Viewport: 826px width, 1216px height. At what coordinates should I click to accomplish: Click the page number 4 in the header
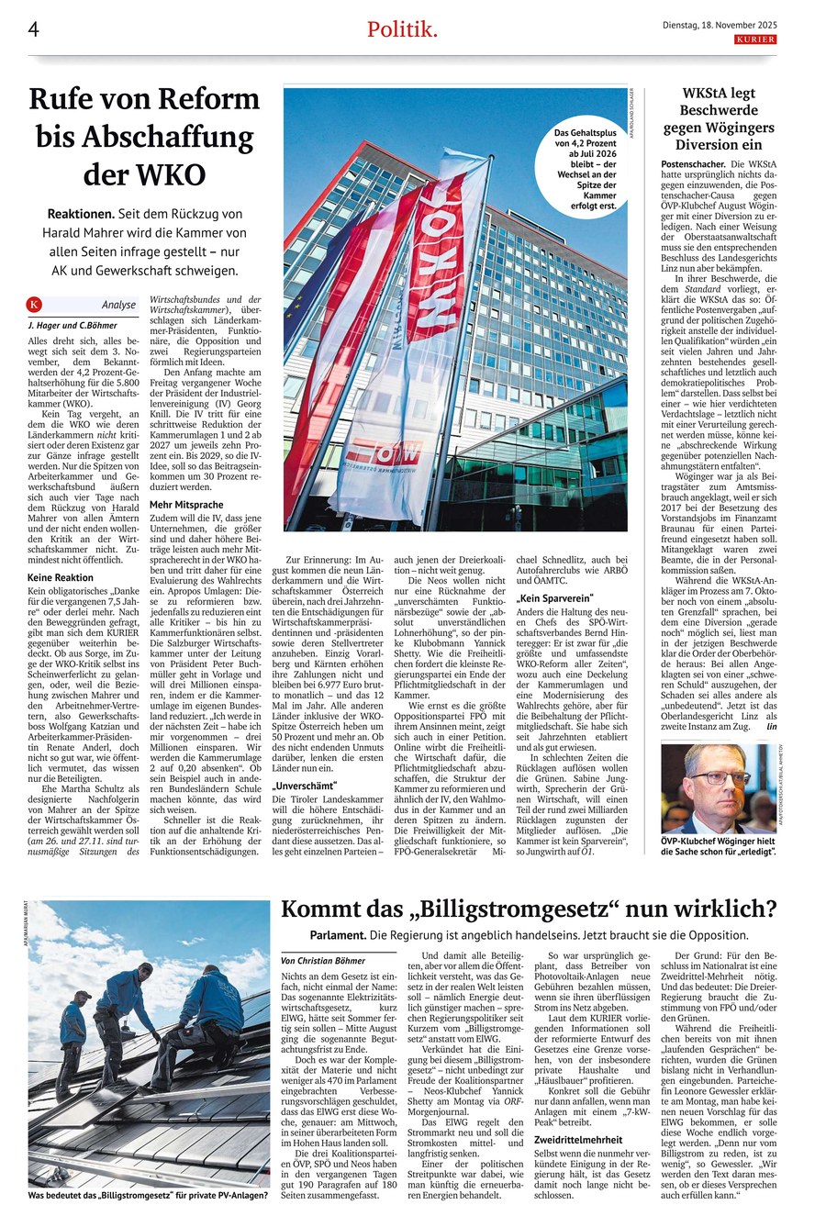[33, 28]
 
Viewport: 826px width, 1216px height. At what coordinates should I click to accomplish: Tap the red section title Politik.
[402, 29]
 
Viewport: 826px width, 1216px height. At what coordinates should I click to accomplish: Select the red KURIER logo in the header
[755, 39]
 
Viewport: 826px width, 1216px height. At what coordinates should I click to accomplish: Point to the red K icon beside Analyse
[35, 304]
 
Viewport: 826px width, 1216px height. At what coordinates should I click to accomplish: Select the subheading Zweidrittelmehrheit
[578, 1140]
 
